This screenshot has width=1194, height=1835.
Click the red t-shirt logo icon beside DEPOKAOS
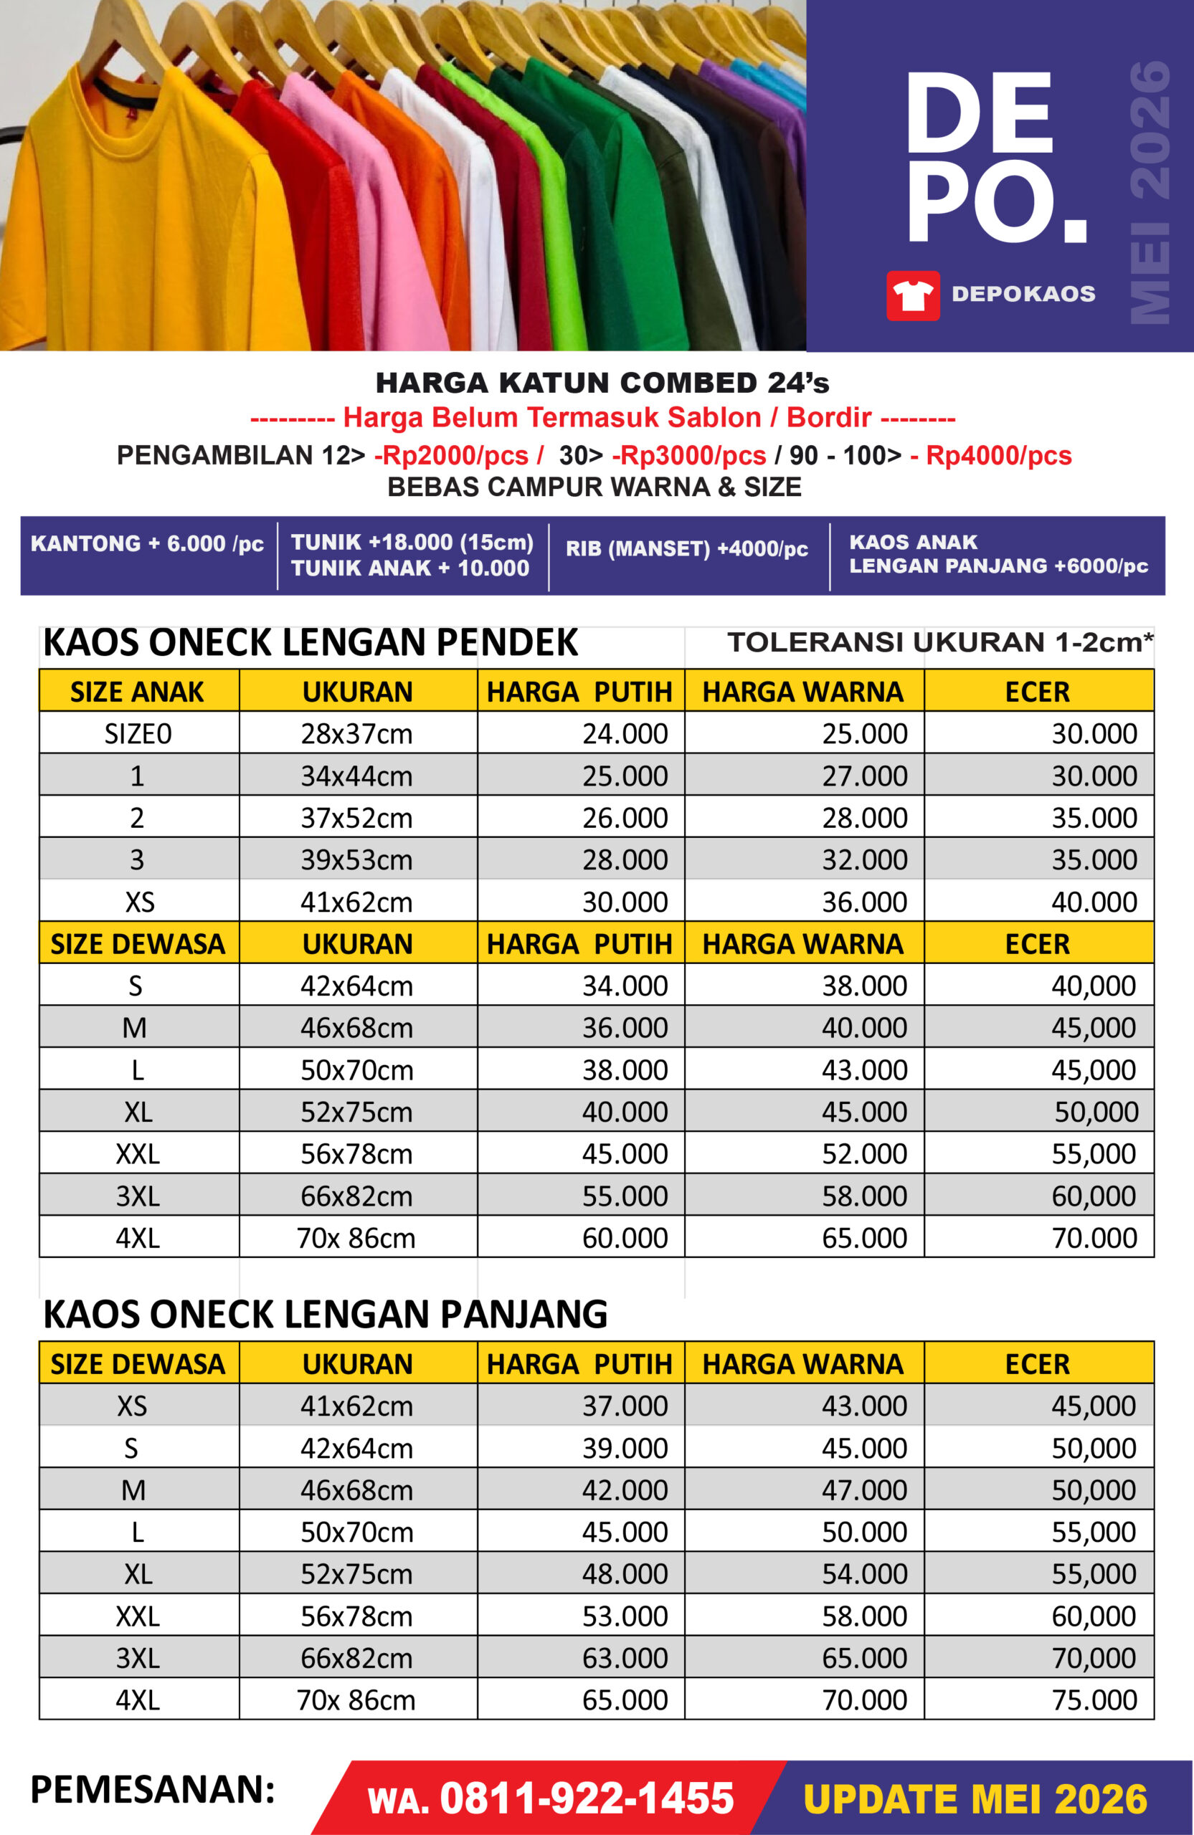912,295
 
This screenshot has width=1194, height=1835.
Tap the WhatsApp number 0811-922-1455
586,1798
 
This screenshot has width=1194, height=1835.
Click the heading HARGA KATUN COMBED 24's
602,383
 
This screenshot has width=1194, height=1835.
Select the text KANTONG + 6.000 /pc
147,543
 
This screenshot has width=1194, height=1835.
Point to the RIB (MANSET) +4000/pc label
686,549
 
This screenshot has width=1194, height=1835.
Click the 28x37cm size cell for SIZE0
356,733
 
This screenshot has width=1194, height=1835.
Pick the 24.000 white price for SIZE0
625,733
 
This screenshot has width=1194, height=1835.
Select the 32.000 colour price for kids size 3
864,859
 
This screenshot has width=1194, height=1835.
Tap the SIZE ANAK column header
137,692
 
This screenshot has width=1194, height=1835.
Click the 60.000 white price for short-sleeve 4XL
625,1237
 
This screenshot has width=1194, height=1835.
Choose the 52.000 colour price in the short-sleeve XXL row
864,1153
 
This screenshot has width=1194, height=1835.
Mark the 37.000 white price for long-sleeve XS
625,1406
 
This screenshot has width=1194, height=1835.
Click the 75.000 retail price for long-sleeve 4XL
1094,1700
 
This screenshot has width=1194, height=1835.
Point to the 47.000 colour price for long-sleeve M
864,1490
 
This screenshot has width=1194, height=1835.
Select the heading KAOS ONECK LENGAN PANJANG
326,1314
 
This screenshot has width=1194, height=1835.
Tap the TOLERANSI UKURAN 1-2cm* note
939,642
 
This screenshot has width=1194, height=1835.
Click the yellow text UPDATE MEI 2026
975,1798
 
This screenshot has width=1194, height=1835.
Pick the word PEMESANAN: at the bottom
153,1788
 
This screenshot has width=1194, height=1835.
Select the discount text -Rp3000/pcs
688,456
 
